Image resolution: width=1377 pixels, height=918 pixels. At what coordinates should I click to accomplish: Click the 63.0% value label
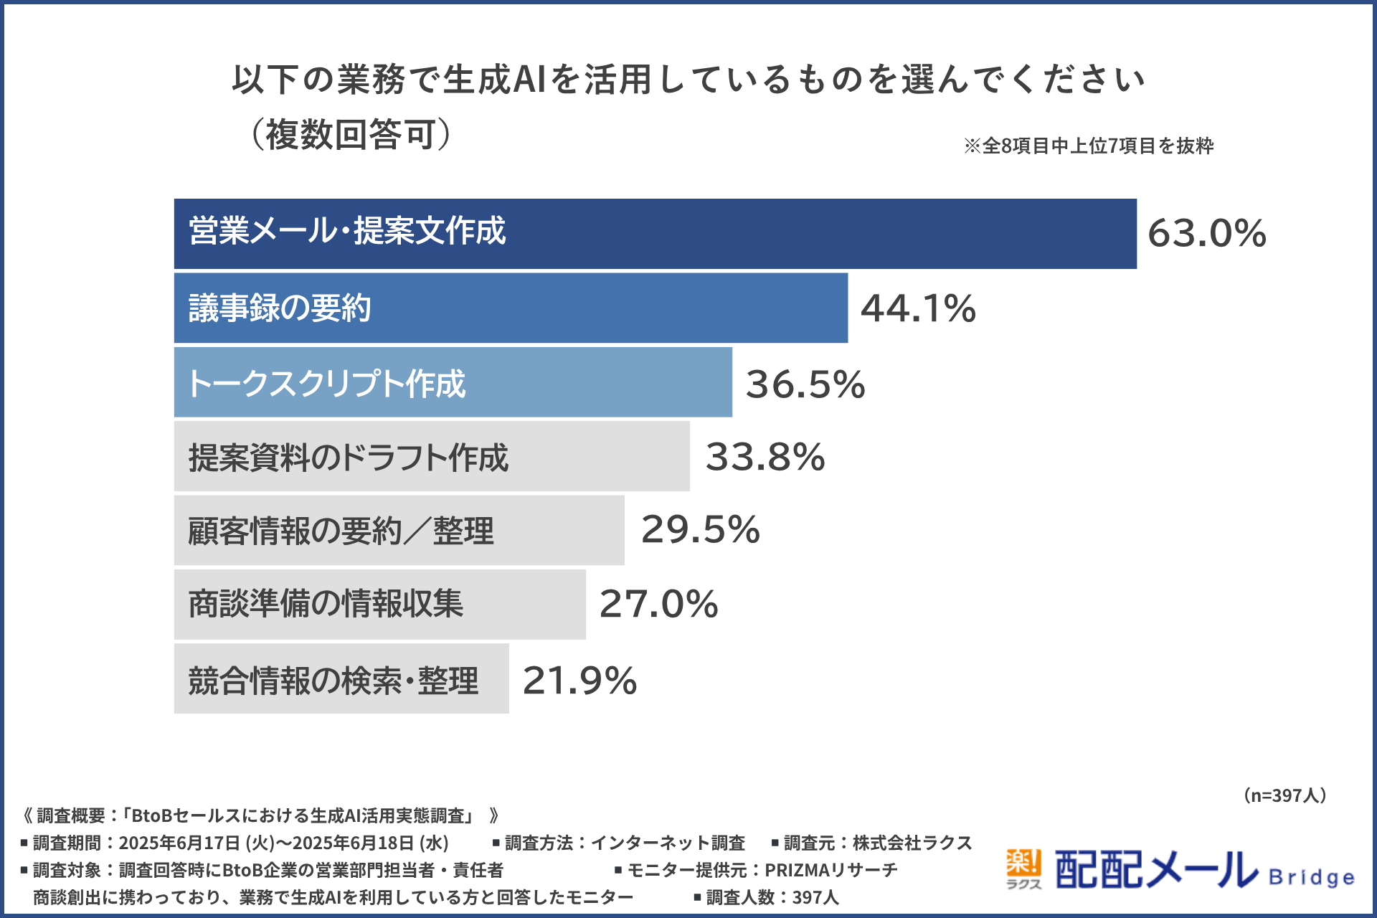(1207, 234)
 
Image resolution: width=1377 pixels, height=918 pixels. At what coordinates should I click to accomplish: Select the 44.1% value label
(918, 308)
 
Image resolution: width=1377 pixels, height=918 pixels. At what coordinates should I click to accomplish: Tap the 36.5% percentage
(805, 384)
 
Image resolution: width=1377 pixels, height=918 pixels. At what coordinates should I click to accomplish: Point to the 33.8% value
(765, 457)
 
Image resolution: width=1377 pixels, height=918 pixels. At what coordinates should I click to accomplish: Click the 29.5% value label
(700, 530)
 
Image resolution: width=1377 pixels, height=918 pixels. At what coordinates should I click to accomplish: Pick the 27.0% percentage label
(658, 604)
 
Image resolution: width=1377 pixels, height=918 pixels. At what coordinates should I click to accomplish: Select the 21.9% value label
(579, 680)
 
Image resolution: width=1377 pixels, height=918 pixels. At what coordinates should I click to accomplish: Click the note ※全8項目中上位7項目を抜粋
(1088, 146)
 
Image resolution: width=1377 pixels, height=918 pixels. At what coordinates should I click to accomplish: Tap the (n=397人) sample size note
(1284, 795)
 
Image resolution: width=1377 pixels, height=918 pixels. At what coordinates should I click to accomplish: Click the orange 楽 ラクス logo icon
(1023, 869)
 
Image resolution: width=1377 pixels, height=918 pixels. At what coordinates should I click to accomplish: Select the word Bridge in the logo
(1311, 878)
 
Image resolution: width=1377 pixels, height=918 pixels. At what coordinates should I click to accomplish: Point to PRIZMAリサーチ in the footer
(831, 870)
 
